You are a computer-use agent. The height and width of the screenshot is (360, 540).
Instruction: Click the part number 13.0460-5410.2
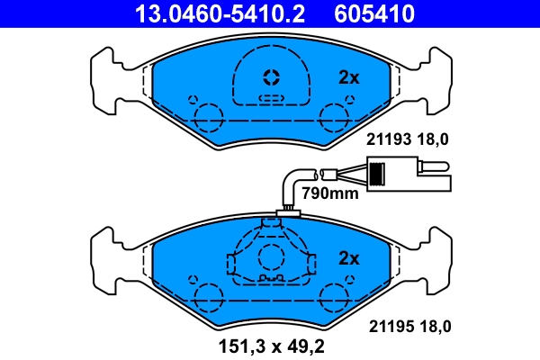tap(210, 14)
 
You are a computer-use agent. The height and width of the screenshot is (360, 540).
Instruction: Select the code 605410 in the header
tap(375, 14)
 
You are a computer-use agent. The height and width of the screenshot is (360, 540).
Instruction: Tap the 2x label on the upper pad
tap(348, 78)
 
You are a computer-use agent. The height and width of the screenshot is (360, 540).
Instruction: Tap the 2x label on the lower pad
tap(348, 258)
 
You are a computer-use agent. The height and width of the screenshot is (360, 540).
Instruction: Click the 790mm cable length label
tap(329, 193)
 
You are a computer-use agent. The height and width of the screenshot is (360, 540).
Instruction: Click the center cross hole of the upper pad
tap(271, 76)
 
